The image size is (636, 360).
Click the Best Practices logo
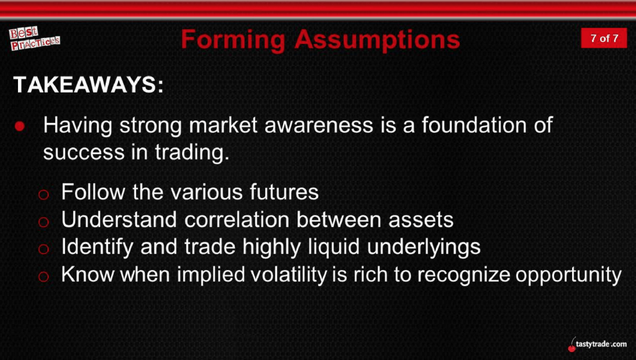pyautogui.click(x=35, y=38)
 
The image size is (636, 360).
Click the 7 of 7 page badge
pyautogui.click(x=604, y=38)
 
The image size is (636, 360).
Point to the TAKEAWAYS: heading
pyautogui.click(x=88, y=85)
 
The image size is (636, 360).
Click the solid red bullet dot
pyautogui.click(x=19, y=126)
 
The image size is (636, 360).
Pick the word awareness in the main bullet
pyautogui.click(x=319, y=125)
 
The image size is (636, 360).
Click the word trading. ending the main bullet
pyautogui.click(x=192, y=153)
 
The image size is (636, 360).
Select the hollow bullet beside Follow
pyautogui.click(x=43, y=195)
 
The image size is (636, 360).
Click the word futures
pyautogui.click(x=284, y=192)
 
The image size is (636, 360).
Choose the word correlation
pyautogui.click(x=237, y=220)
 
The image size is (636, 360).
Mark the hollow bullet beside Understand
pyautogui.click(x=43, y=222)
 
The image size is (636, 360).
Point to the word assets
pyautogui.click(x=420, y=220)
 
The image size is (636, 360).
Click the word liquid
pyautogui.click(x=334, y=247)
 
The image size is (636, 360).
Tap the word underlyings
pyautogui.click(x=424, y=247)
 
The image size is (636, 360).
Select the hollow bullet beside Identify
pyautogui.click(x=43, y=249)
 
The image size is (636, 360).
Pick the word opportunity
pyautogui.click(x=568, y=274)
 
